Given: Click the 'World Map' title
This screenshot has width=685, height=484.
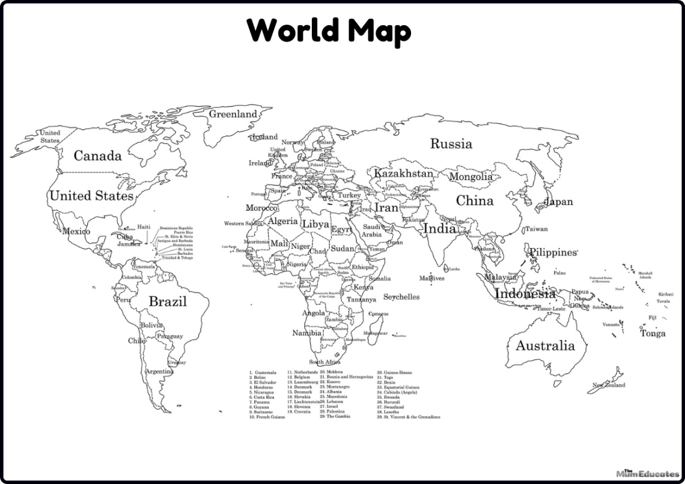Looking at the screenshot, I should (x=329, y=30).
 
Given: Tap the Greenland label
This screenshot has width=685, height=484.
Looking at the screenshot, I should (x=233, y=113).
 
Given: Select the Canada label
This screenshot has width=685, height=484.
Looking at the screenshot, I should (x=97, y=156).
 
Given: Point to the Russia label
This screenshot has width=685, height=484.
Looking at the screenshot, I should (x=451, y=144).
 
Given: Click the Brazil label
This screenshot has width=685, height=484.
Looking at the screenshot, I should (x=168, y=301).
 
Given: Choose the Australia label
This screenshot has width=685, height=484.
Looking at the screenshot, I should (x=545, y=346).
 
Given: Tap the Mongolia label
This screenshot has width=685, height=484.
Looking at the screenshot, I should (x=470, y=177).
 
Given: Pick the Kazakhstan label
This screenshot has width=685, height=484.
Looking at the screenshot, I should (x=403, y=174).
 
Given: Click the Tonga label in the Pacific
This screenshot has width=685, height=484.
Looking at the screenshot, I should (x=653, y=334).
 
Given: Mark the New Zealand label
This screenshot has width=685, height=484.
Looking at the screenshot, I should (x=608, y=385).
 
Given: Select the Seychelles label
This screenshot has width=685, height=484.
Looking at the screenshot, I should (x=401, y=297).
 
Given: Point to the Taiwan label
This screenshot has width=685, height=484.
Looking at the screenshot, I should (x=536, y=229).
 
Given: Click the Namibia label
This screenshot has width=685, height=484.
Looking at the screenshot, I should (x=307, y=333).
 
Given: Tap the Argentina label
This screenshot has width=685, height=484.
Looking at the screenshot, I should (x=160, y=372).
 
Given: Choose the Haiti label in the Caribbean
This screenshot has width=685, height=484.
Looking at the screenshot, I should (x=144, y=227).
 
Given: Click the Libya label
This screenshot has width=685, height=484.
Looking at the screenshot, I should (x=315, y=225).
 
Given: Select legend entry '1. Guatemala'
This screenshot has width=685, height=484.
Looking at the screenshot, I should (x=263, y=372).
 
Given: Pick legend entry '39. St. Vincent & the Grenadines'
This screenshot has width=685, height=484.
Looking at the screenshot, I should (x=409, y=417).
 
